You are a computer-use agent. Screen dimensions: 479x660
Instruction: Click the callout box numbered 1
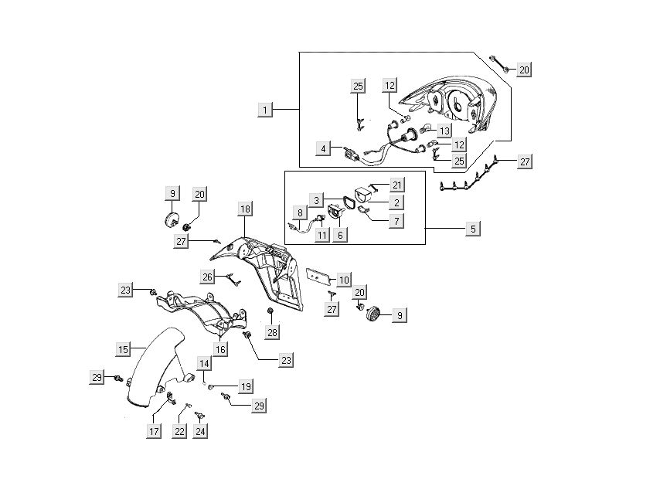pos(265,110)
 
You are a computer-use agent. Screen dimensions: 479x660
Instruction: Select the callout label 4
pos(326,147)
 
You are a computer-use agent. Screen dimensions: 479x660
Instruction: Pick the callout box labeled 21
pos(397,185)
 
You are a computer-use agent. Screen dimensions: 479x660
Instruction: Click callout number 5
pos(473,229)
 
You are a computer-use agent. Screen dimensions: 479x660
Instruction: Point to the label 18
pos(244,209)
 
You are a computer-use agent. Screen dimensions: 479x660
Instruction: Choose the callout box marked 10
pos(344,278)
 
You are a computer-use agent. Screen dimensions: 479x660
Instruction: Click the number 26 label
pos(207,276)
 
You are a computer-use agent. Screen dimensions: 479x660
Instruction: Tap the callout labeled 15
pos(123,350)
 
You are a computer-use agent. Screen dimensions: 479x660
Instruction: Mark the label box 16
pos(220,349)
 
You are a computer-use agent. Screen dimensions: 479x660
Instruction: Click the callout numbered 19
pos(245,386)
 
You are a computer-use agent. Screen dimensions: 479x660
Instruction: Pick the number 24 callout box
pos(201,431)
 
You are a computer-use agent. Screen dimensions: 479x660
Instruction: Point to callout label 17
pos(155,431)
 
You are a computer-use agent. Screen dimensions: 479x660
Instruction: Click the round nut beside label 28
pos(270,311)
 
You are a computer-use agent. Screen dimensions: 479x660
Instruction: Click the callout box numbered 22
pos(179,431)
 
